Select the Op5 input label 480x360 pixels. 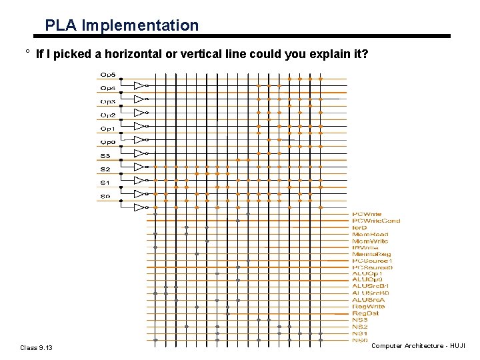[107, 74]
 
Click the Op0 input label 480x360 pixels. [107, 142]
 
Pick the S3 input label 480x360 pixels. [105, 156]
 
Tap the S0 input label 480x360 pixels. [105, 196]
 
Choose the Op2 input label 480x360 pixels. [107, 115]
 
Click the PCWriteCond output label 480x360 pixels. [376, 221]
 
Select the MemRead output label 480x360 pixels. [370, 234]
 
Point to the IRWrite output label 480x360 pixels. [365, 247]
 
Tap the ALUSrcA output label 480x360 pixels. [369, 300]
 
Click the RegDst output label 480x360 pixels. [365, 313]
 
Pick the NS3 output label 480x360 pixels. [360, 320]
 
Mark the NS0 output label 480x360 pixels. [360, 340]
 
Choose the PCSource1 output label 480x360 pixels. [372, 261]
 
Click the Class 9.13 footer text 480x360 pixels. [37, 347]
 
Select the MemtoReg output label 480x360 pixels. [371, 254]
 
